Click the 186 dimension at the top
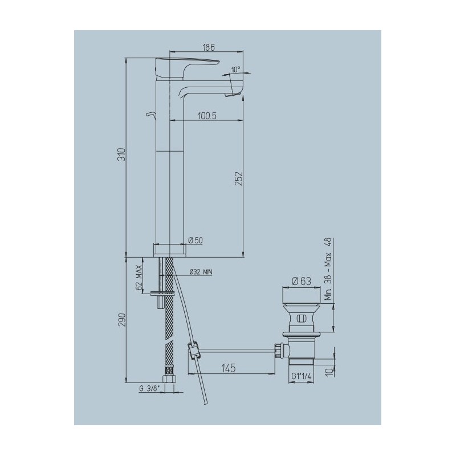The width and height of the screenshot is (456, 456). coord(209,47)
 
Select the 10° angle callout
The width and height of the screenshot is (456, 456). coord(236,70)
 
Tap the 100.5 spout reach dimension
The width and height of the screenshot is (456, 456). coord(207,116)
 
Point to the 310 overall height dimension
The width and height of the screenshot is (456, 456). coord(123,154)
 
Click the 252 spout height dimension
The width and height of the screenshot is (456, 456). coord(239,178)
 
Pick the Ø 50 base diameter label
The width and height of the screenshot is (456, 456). coord(196,240)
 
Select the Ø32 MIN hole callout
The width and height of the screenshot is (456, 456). coord(201,272)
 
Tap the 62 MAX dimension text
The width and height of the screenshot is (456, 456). coord(139,278)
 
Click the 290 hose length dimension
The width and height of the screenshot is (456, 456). coord(123,320)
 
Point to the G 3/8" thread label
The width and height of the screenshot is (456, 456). coord(150,388)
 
